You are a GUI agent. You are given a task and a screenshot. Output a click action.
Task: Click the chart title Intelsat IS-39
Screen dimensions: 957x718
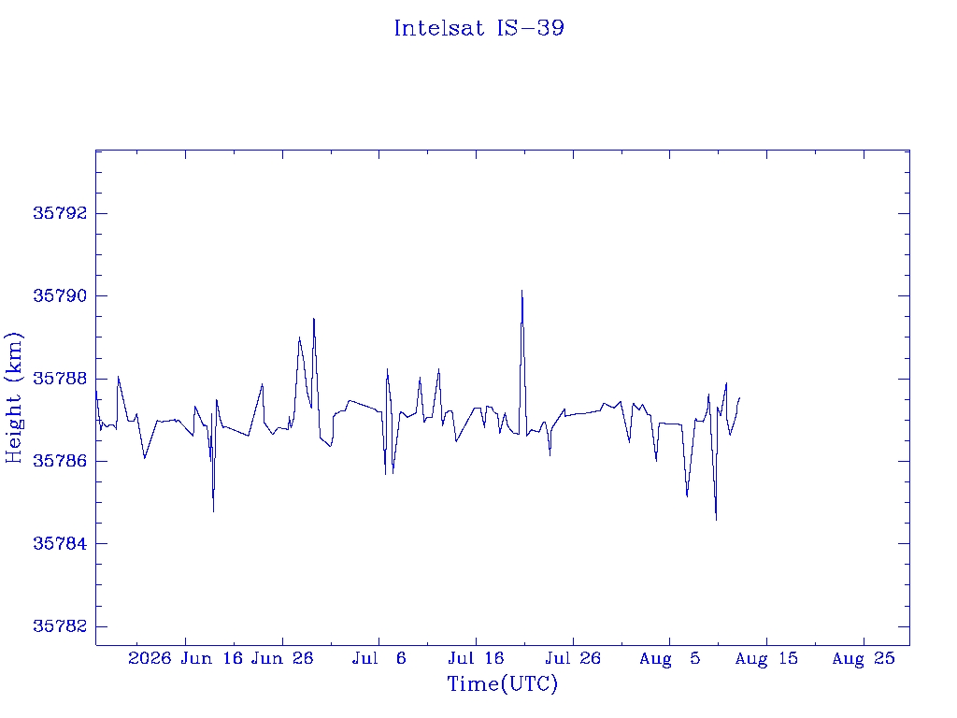pos(479,28)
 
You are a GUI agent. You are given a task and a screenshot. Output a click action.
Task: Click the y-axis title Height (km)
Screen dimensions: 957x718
pos(13,398)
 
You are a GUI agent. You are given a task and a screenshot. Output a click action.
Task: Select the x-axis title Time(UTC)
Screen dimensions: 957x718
pos(502,683)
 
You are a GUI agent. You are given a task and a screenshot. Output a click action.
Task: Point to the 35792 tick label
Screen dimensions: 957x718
pos(60,213)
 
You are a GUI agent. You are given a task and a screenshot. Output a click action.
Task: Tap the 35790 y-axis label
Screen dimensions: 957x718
pos(60,296)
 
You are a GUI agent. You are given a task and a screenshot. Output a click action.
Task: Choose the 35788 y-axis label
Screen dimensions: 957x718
pos(60,379)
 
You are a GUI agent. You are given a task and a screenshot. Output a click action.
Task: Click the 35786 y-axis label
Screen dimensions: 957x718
pos(60,461)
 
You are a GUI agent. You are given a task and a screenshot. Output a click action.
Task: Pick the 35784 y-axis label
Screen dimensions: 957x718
pos(60,543)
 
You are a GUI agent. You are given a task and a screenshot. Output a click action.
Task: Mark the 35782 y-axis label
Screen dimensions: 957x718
pos(60,626)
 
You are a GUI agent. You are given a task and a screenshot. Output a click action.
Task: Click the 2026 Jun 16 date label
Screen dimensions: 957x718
pos(186,658)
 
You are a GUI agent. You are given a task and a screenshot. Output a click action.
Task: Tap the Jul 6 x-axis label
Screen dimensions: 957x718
pos(379,658)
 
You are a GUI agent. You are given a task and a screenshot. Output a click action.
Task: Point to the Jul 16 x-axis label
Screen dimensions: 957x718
pos(476,658)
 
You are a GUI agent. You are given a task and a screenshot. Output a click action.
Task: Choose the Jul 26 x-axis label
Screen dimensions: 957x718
pos(573,658)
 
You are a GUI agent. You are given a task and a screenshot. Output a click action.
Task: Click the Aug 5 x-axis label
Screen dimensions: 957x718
pos(669,658)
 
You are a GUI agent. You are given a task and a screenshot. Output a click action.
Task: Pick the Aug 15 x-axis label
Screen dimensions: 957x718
pos(766,658)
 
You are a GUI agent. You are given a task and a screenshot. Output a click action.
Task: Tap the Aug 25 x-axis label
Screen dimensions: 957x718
pos(864,658)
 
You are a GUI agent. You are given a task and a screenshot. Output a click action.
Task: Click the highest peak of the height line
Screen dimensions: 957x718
pos(521,291)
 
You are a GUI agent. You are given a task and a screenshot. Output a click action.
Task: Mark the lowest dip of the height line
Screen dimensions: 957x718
pos(716,520)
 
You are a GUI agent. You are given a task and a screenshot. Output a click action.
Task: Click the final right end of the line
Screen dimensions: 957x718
pos(740,398)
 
